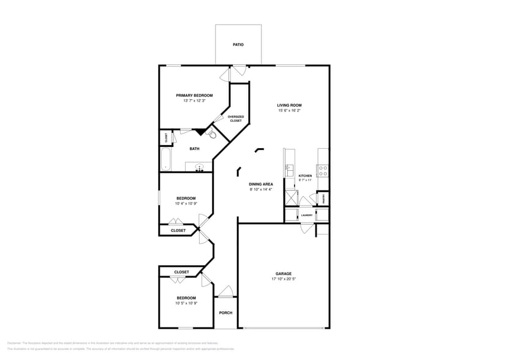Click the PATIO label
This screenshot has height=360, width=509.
click(x=238, y=45)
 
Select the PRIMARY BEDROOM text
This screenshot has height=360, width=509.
click(x=194, y=96)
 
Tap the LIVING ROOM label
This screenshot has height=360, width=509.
click(x=290, y=105)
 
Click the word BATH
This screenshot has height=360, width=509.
click(x=194, y=149)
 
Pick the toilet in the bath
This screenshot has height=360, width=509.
click(x=212, y=135)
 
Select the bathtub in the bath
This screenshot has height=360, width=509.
click(x=165, y=159)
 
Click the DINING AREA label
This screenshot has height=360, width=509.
click(x=261, y=184)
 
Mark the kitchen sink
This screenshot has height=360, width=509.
click(x=289, y=170)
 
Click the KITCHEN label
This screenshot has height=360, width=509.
click(x=305, y=176)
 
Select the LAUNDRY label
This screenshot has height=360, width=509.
click(x=307, y=215)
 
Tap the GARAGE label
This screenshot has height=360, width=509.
click(x=283, y=274)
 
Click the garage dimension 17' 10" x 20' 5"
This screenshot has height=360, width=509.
click(x=283, y=279)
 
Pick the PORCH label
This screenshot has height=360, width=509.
click(x=225, y=313)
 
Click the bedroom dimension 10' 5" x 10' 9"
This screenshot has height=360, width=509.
click(x=186, y=304)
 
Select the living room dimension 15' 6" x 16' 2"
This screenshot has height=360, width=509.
click(x=290, y=111)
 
